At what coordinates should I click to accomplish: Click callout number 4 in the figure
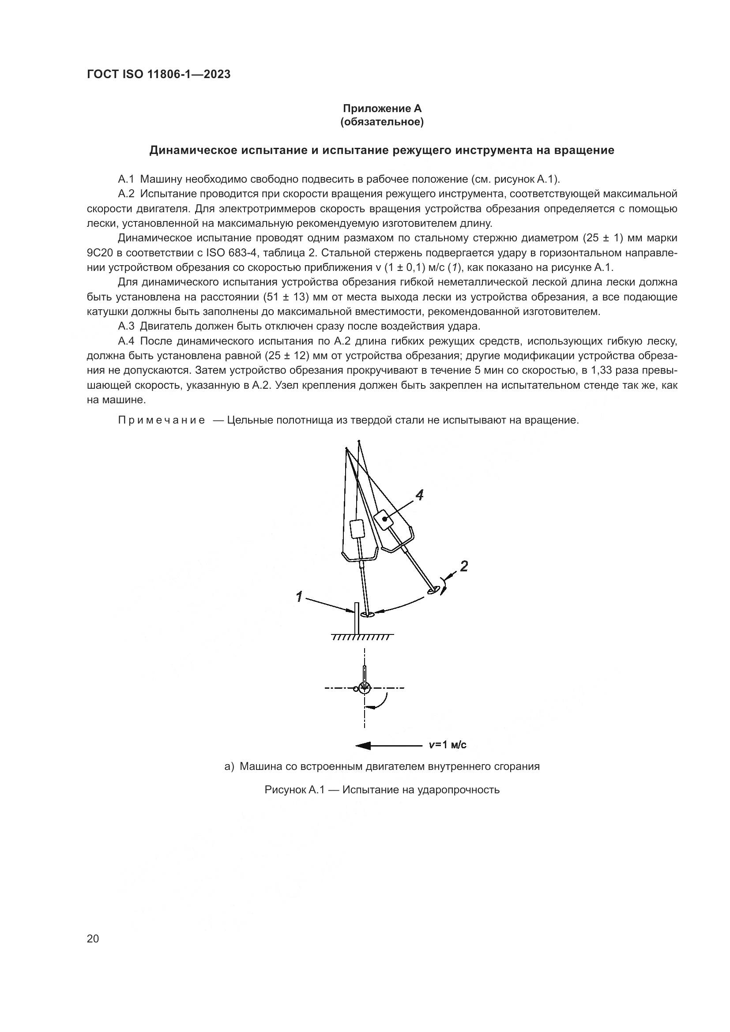tap(419, 495)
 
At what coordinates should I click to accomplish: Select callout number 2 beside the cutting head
tap(464, 567)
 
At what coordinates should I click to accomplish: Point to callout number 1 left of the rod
tap(299, 597)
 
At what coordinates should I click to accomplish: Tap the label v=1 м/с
tap(447, 745)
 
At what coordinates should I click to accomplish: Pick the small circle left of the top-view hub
tap(356, 689)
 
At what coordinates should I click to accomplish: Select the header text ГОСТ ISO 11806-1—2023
tap(158, 74)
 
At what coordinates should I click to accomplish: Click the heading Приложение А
tap(382, 109)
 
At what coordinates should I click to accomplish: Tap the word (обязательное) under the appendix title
tap(382, 122)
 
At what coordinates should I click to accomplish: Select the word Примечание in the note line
tap(162, 420)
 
